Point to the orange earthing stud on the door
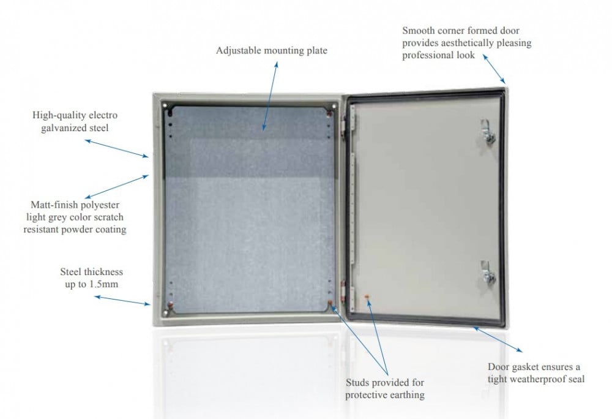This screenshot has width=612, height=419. tap(367, 298)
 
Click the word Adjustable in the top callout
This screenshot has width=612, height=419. tap(238, 51)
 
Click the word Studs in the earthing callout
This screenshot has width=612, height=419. tap(357, 383)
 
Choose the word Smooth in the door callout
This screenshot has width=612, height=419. tap(419, 31)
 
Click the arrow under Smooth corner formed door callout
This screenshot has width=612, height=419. tap(494, 68)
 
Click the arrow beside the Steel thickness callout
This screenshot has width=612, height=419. tap(122, 300)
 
